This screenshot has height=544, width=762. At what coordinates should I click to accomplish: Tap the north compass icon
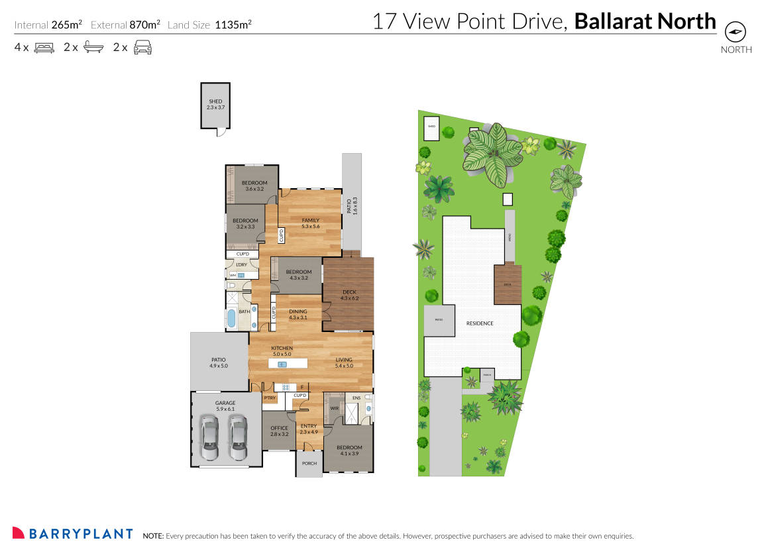click(x=735, y=31)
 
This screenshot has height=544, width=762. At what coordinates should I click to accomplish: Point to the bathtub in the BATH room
click(x=231, y=319)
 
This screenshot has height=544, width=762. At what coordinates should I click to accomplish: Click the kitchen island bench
click(x=288, y=364)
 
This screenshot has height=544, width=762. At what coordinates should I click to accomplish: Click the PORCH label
click(x=309, y=463)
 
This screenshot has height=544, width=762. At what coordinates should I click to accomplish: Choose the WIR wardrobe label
click(x=334, y=408)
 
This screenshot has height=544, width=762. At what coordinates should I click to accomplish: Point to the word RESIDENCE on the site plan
click(x=479, y=323)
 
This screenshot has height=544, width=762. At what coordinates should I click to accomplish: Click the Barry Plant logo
click(x=73, y=533)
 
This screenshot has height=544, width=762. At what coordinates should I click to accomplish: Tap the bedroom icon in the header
click(x=44, y=47)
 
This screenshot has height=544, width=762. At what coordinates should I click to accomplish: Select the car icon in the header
click(x=142, y=47)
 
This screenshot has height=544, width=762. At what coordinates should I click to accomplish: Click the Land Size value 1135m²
click(x=233, y=25)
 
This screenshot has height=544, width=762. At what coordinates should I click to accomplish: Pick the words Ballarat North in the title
click(x=645, y=21)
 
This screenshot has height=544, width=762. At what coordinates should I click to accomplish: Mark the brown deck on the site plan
click(x=508, y=284)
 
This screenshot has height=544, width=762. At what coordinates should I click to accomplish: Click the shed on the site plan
click(x=431, y=130)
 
